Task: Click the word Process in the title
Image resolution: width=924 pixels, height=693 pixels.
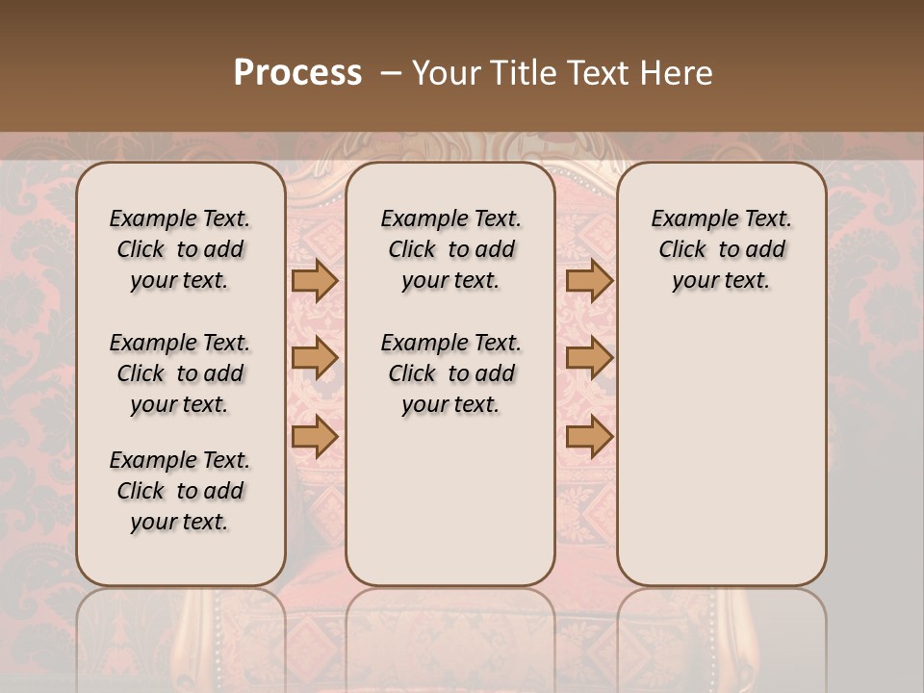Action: (x=297, y=73)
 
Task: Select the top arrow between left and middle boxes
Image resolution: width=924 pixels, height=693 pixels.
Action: (x=315, y=280)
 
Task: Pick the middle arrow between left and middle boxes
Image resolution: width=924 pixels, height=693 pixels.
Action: (x=315, y=358)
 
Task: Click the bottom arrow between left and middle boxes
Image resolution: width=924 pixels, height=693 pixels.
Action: (x=315, y=437)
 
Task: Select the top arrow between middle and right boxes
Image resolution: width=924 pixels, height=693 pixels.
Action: (x=589, y=280)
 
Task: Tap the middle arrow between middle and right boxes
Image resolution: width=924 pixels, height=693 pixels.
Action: (x=589, y=358)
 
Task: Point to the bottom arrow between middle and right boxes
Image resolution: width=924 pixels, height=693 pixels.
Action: (x=589, y=437)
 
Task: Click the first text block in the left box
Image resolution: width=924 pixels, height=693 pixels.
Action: (x=180, y=249)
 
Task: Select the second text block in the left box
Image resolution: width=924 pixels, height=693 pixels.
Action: (x=180, y=373)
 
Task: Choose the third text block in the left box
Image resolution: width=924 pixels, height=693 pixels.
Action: (x=180, y=491)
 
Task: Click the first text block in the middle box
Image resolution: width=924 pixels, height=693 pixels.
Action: (x=450, y=249)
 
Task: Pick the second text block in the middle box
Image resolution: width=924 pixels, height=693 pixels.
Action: (x=450, y=373)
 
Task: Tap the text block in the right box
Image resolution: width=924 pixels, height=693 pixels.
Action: (x=721, y=249)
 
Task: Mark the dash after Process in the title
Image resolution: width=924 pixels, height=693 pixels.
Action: (x=391, y=73)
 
